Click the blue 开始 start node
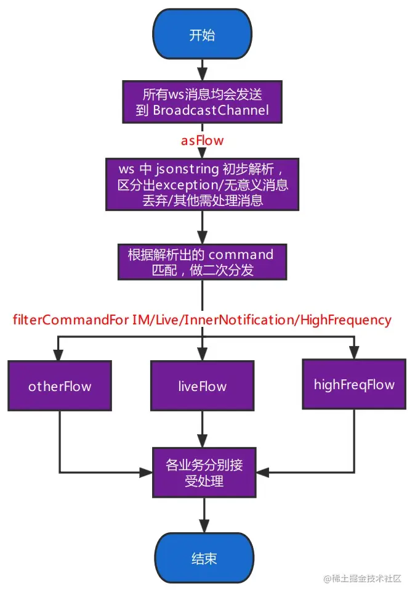[203, 35]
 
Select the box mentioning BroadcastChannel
[203, 103]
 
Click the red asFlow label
[202, 141]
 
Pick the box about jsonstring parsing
[203, 184]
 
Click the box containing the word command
[203, 261]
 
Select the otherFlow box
[60, 387]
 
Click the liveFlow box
[203, 387]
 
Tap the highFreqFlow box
[354, 384]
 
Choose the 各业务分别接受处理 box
[204, 472]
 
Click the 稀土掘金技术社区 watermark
[363, 578]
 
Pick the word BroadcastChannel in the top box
[211, 111]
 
